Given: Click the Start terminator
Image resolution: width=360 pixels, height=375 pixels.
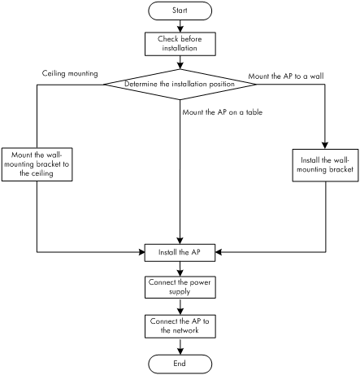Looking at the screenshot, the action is [180, 11].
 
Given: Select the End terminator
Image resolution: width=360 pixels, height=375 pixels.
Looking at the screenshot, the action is [180, 364].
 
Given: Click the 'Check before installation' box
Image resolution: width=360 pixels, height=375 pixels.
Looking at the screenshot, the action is [180, 44].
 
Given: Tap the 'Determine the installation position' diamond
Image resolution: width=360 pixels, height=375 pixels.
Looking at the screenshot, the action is [180, 85].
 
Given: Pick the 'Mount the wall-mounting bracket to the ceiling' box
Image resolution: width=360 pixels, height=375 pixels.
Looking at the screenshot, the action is [37, 164].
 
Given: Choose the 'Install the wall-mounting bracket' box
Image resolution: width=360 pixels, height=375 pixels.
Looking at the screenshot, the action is [325, 165].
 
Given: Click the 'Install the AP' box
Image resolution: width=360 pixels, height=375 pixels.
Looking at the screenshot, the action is [180, 252].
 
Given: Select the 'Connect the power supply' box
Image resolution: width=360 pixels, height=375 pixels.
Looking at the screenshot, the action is [180, 287].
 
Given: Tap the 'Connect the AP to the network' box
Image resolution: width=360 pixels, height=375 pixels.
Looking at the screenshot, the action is [180, 326].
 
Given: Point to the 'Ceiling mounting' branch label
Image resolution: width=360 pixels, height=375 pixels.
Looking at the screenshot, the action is [70, 74].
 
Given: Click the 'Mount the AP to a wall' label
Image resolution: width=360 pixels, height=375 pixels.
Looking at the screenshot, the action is [286, 76].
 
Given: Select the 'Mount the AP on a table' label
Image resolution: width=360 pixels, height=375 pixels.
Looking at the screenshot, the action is [223, 112].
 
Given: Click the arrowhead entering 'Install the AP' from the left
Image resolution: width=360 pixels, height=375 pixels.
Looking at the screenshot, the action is [141, 252].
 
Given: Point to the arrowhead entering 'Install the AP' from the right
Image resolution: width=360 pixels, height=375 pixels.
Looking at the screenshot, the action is [219, 252].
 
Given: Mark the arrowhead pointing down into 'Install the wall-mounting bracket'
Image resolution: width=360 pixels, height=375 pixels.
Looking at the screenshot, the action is [325, 146].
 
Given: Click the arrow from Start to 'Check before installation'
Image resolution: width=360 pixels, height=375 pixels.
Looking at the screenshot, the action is [180, 26].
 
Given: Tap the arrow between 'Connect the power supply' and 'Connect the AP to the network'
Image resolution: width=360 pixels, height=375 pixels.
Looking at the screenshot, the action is [180, 307].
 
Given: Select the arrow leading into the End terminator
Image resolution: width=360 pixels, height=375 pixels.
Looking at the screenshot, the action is [180, 347].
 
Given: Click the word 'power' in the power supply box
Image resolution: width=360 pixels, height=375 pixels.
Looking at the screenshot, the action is [200, 283].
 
